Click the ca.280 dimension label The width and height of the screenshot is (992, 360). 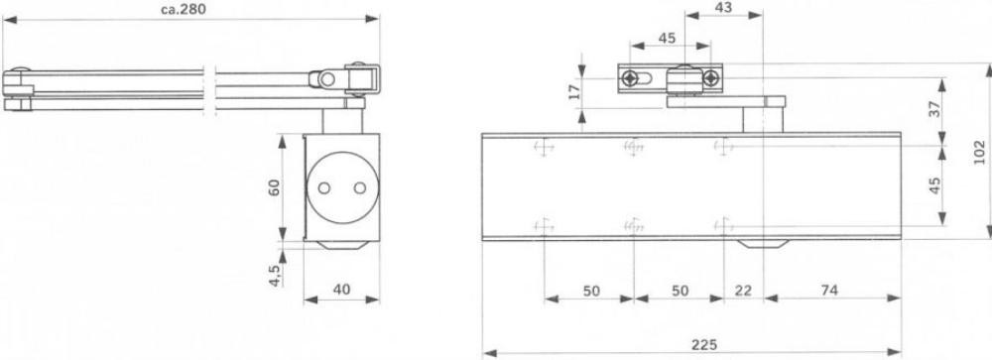click(x=185, y=9)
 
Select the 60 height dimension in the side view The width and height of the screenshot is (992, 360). click(x=274, y=187)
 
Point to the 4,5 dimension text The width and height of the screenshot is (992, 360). click(x=275, y=276)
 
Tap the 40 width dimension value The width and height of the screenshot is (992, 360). click(x=341, y=290)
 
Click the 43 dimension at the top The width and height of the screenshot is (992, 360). click(x=723, y=7)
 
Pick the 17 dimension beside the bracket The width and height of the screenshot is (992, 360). click(x=573, y=92)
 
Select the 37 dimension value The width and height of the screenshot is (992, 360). click(x=935, y=108)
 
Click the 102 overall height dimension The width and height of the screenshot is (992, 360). click(x=979, y=152)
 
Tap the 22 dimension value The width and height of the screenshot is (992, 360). click(x=744, y=291)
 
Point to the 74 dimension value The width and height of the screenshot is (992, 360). click(x=828, y=290)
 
